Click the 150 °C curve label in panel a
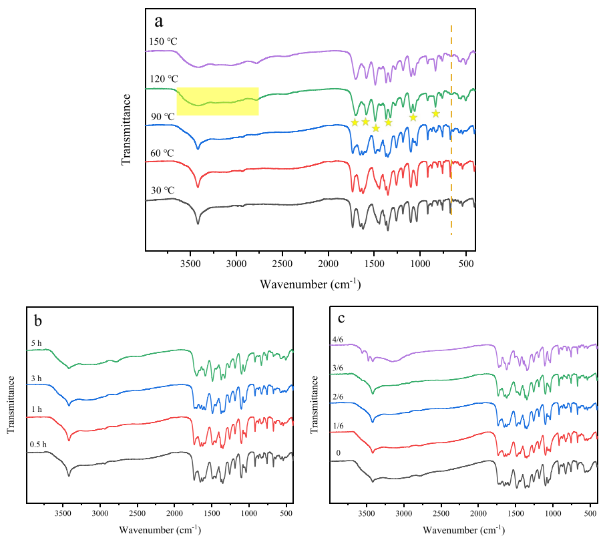pos(164,41)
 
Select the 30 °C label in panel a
pos(163,190)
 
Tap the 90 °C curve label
pos(163,117)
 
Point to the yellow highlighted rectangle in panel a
pos(218,101)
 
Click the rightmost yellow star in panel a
pos(436,113)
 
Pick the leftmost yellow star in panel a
pos(355,122)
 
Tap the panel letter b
pos(38,320)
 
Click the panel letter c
pos(343,320)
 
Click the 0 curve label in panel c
pos(338,453)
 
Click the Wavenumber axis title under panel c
pos(465,530)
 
